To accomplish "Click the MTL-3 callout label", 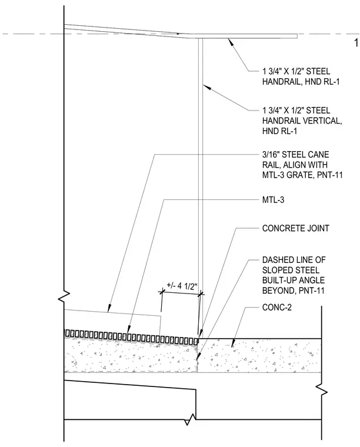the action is coord(273,200).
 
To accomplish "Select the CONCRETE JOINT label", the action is coord(295,228).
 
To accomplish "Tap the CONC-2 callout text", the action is coord(277,307).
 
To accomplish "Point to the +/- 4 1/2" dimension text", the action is coord(182,286).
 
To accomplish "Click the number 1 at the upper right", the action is coord(356,43).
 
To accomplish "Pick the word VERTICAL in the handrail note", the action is coord(322,121).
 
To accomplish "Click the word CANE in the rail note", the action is coord(319,155).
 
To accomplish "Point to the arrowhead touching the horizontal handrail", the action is coord(231,42).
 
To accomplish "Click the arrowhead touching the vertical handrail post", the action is coord(207,87).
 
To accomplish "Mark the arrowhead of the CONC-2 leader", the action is coord(233,343).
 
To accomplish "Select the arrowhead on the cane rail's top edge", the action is coord(109,309).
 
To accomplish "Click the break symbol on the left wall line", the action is coord(64,296).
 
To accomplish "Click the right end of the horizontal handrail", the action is coord(297,36).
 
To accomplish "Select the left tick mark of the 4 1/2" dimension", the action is coord(162,292).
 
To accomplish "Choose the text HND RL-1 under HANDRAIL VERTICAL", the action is coord(279,131).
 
